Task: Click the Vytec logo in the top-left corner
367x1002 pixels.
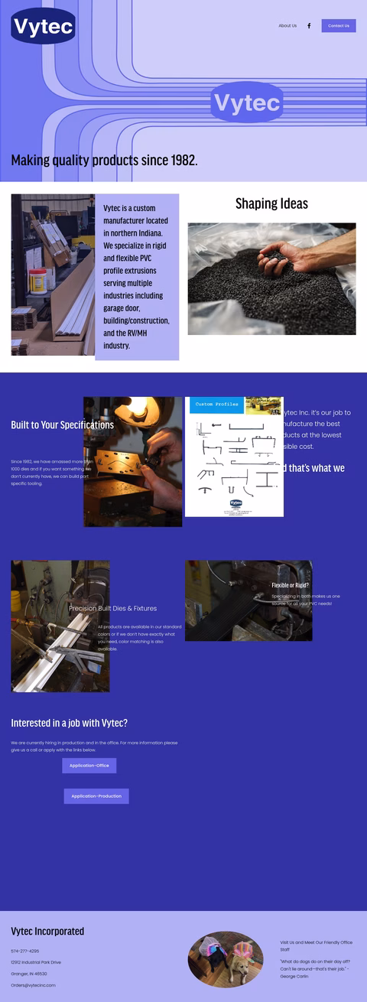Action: [x=43, y=27]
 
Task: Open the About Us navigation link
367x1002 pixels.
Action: [x=287, y=26]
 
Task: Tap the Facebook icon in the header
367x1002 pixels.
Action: [x=309, y=26]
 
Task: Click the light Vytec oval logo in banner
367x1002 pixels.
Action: [x=247, y=102]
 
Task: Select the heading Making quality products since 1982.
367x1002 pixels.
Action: [x=104, y=161]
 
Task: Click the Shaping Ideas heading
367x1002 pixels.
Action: [x=271, y=203]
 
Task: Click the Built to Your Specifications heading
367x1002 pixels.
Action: [x=62, y=425]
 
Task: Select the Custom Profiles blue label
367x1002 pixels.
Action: [x=216, y=405]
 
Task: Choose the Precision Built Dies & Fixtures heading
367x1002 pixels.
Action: [x=112, y=609]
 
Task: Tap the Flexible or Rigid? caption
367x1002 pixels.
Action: [x=290, y=586]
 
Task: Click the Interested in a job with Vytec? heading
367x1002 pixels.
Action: [x=69, y=724]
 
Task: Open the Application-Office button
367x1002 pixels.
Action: [x=89, y=766]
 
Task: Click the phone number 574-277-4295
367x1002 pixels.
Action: [x=24, y=952]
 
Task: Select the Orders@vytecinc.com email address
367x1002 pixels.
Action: [x=33, y=985]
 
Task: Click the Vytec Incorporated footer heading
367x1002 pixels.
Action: [x=47, y=932]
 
